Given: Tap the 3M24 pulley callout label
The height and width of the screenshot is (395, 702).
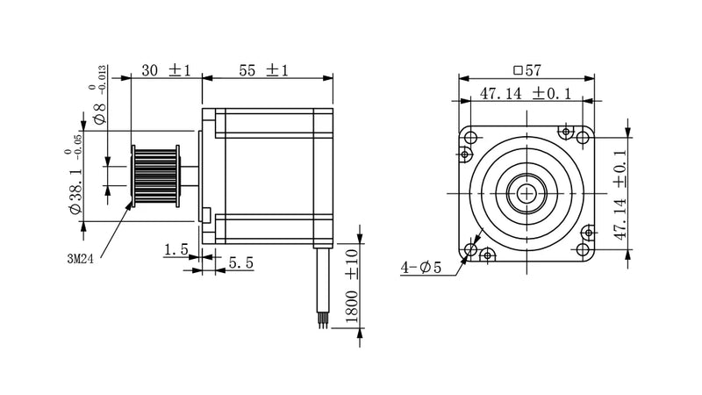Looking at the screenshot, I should click(x=84, y=258).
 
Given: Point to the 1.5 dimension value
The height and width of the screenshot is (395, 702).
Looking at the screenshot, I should click(x=175, y=250).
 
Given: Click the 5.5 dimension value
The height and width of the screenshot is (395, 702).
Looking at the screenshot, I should click(x=240, y=262).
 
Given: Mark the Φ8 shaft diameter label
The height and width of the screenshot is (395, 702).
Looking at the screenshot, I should click(x=99, y=115).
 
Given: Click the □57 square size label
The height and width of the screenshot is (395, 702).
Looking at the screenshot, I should click(x=526, y=68).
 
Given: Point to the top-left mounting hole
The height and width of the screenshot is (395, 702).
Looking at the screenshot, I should click(x=470, y=138).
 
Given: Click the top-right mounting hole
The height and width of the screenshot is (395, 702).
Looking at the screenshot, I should click(x=582, y=136).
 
